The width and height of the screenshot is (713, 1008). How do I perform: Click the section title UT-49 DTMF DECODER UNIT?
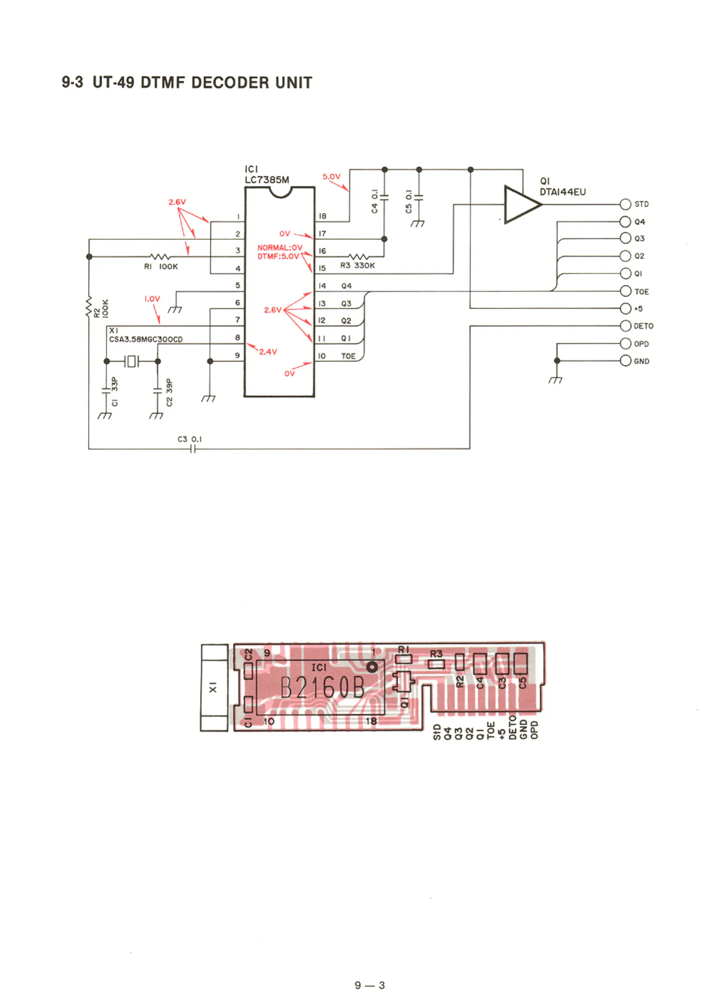pyautogui.click(x=186, y=82)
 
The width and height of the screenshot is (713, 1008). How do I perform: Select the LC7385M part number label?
pyautogui.click(x=267, y=180)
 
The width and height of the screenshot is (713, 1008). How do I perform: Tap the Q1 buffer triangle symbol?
pyautogui.click(x=520, y=204)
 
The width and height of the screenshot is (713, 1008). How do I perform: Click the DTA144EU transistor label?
pyautogui.click(x=563, y=192)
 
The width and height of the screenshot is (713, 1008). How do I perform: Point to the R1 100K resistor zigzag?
pyautogui.click(x=159, y=256)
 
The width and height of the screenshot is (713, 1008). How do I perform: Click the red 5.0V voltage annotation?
pyautogui.click(x=332, y=177)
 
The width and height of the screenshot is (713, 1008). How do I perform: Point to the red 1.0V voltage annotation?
pyautogui.click(x=152, y=299)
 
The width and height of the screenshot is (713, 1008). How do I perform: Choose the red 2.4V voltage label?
pyautogui.click(x=268, y=352)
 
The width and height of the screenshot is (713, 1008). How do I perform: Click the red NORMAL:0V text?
pyautogui.click(x=279, y=248)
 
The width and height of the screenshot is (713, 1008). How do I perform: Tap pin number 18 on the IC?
pyautogui.click(x=322, y=216)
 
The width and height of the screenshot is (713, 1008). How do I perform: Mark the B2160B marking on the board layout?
pyautogui.click(x=322, y=688)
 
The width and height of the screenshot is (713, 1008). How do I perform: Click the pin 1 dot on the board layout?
pyautogui.click(x=372, y=667)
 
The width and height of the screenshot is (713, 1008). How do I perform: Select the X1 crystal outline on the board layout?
pyautogui.click(x=214, y=687)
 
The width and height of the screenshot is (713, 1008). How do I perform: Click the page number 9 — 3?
pyautogui.click(x=370, y=985)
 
